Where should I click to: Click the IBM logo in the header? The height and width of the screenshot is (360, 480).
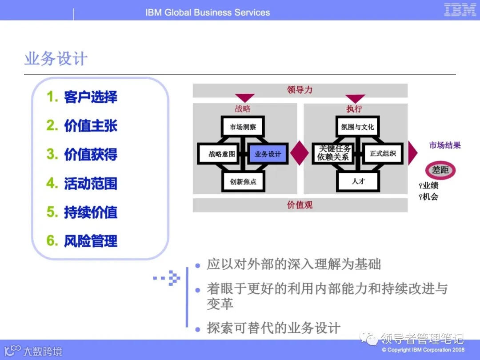tap(460, 10)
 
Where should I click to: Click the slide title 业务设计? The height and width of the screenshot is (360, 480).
tap(56, 59)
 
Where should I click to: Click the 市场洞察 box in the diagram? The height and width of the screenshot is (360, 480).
tap(243, 127)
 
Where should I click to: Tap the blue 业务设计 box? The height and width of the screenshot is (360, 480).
tap(268, 154)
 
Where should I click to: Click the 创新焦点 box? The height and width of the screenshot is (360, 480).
tap(243, 181)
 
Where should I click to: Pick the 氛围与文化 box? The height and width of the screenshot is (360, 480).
tap(358, 127)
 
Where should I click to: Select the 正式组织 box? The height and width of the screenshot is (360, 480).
tap(383, 154)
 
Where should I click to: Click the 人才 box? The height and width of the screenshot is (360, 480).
tap(358, 181)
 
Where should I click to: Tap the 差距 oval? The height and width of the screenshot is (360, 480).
tap(440, 170)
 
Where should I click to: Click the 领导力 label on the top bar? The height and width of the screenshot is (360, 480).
tap(300, 90)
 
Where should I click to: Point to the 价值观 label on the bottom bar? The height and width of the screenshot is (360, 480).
tap(300, 205)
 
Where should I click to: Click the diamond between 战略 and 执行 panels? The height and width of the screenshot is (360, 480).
tap(300, 153)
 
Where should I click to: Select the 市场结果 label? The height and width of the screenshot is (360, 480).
tap(445, 145)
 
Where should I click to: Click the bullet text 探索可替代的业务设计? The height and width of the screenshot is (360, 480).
tap(274, 328)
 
